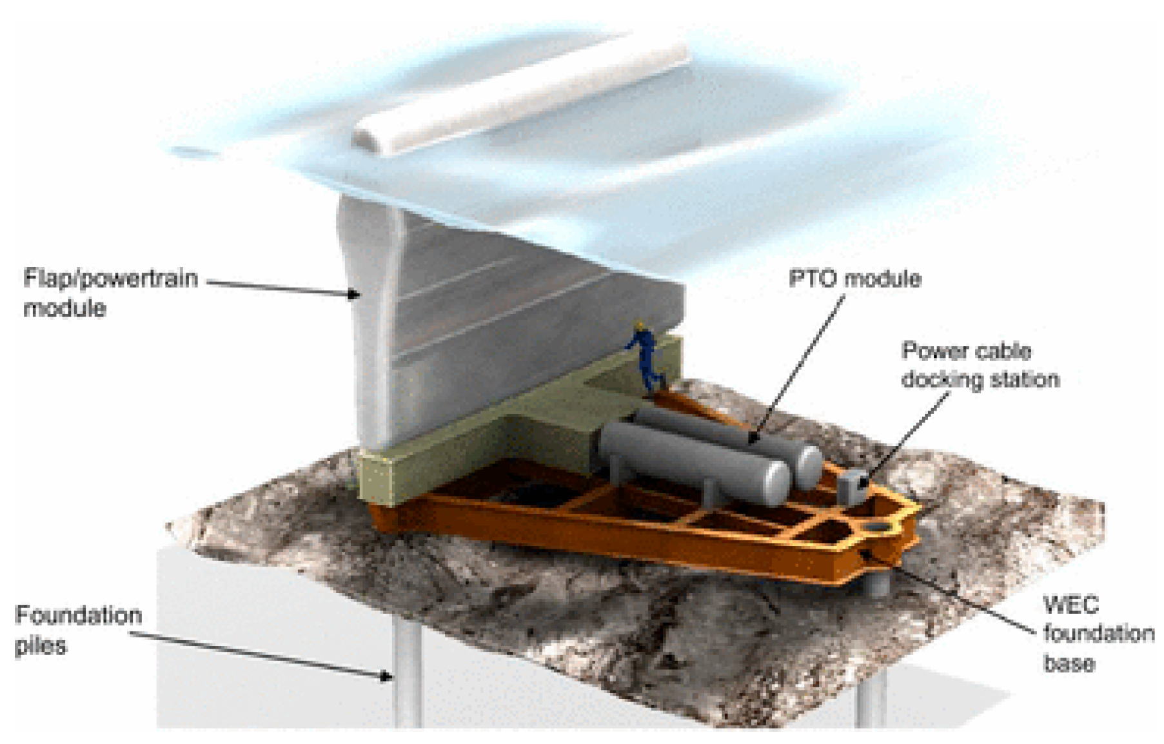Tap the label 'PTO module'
(x=854, y=279)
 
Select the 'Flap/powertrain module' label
(x=110, y=293)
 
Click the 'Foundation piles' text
(x=77, y=630)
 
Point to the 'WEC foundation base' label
(x=1097, y=634)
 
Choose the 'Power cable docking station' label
(x=979, y=365)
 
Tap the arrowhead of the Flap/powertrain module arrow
(x=353, y=295)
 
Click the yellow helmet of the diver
(x=640, y=326)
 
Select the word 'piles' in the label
(x=40, y=645)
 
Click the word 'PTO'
(x=814, y=279)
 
